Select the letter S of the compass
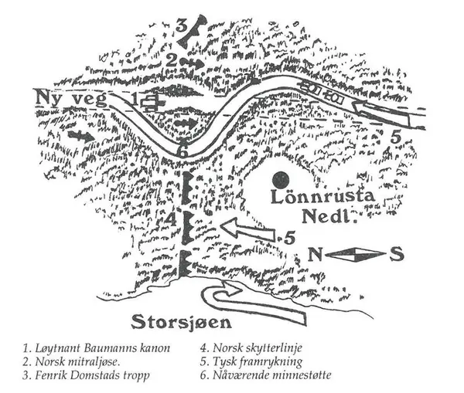click(395, 254)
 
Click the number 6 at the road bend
click(183, 151)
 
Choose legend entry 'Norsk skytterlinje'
click(251, 347)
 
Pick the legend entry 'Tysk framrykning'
click(248, 361)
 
